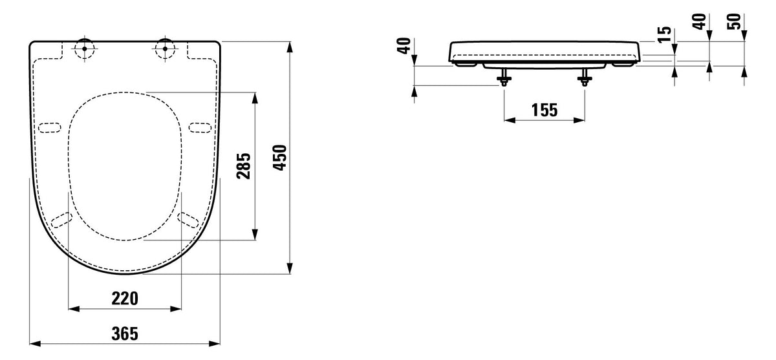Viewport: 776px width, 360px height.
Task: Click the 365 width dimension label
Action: click(125, 334)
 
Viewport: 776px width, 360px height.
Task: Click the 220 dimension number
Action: click(125, 299)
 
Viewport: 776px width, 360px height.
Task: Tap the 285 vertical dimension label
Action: click(244, 166)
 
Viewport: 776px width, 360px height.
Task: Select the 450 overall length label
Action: click(280, 158)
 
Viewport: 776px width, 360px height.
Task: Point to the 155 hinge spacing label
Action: click(544, 110)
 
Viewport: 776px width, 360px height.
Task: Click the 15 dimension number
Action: click(665, 34)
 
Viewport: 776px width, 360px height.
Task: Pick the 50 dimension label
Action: click(733, 21)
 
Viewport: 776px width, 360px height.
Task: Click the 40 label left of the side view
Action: click(404, 46)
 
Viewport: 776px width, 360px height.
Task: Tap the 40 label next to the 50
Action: click(700, 21)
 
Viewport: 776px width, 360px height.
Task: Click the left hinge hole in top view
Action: click(85, 49)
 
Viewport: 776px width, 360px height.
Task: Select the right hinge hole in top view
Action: click(165, 49)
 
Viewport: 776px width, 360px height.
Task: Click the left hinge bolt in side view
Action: click(504, 77)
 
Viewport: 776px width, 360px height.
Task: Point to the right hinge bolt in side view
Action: click(585, 77)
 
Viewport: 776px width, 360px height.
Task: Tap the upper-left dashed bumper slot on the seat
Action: click(50, 127)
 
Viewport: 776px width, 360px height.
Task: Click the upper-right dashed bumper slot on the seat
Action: click(200, 127)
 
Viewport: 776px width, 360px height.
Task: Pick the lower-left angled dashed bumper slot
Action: click(61, 220)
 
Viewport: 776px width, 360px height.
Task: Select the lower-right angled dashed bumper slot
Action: click(188, 220)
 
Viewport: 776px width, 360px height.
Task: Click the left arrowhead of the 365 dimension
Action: click(35, 343)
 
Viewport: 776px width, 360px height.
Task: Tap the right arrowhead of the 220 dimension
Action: click(176, 308)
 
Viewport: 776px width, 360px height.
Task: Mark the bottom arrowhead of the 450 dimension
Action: click(290, 268)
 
